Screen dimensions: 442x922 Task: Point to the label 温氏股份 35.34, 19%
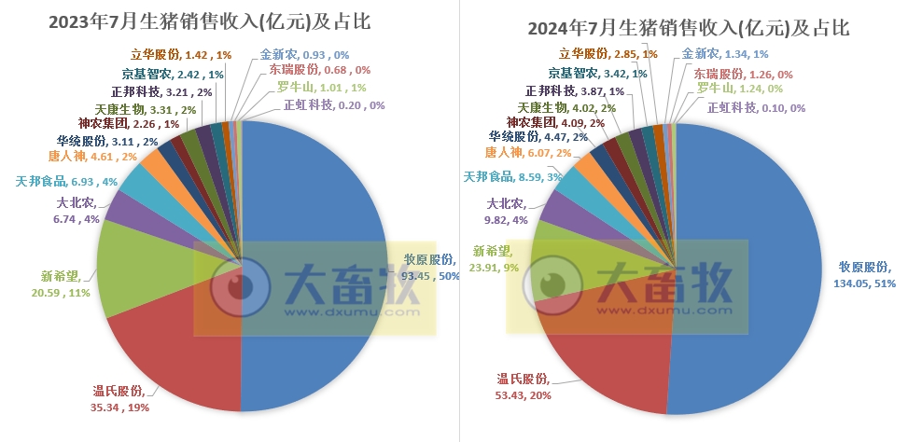pos(120,398)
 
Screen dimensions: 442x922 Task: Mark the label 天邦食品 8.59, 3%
pos(512,175)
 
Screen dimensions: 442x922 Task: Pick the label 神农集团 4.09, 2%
pos(554,122)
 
